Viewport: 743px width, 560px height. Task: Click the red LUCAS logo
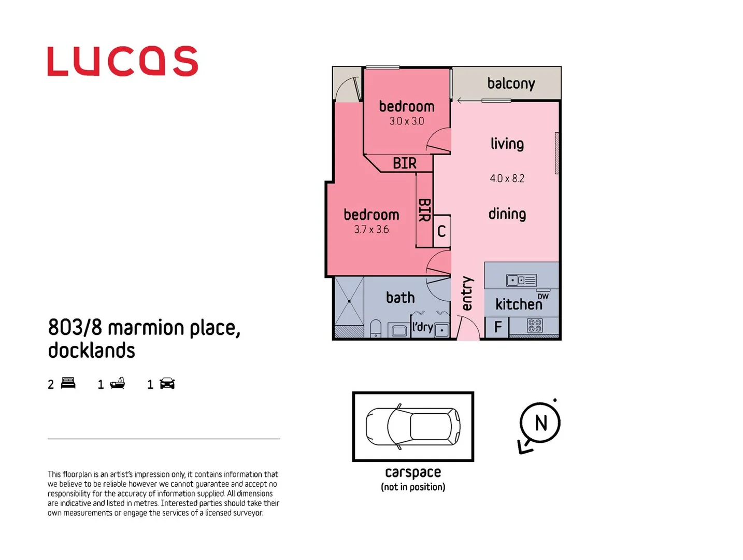click(122, 61)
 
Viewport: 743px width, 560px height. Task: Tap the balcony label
click(511, 83)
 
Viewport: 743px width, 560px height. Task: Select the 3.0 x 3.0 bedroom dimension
click(407, 121)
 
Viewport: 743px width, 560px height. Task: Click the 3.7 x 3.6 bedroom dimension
click(371, 230)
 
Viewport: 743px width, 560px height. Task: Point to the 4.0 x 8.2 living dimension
click(507, 178)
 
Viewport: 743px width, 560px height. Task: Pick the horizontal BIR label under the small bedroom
click(405, 163)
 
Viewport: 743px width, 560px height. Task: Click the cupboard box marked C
click(441, 231)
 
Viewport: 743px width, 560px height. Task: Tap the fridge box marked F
click(498, 327)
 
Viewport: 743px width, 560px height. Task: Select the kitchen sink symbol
click(521, 281)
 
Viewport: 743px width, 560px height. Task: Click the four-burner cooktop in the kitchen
click(535, 326)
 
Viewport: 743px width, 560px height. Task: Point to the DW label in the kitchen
click(543, 297)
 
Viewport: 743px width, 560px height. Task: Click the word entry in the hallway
click(467, 293)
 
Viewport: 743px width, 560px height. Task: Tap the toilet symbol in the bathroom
click(376, 329)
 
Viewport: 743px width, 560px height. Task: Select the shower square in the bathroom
click(349, 301)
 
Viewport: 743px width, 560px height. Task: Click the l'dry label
click(422, 327)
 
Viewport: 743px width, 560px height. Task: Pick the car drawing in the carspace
click(413, 426)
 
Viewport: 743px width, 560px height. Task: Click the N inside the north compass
click(541, 423)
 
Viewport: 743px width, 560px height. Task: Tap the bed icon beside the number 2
click(68, 383)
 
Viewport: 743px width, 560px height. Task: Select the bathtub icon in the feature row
click(118, 383)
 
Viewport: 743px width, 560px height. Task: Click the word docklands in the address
click(92, 351)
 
